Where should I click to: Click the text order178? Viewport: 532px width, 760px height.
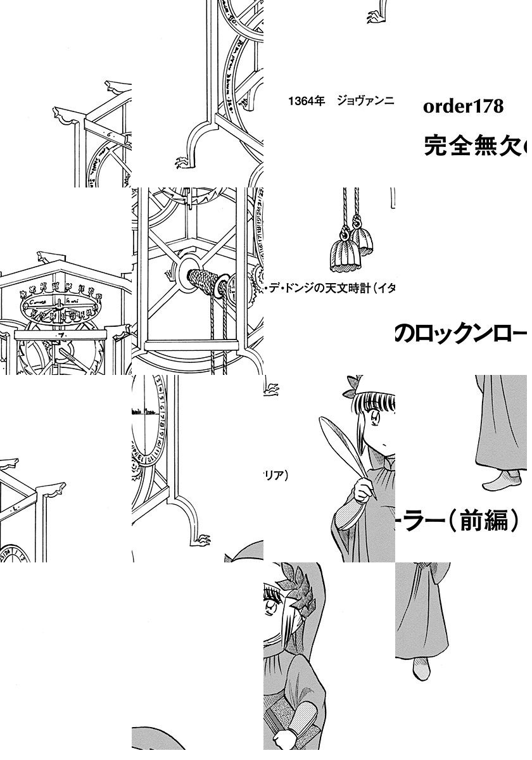[463, 106]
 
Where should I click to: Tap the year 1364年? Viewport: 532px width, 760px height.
[306, 101]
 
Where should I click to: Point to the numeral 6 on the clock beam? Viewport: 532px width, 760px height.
[109, 134]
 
